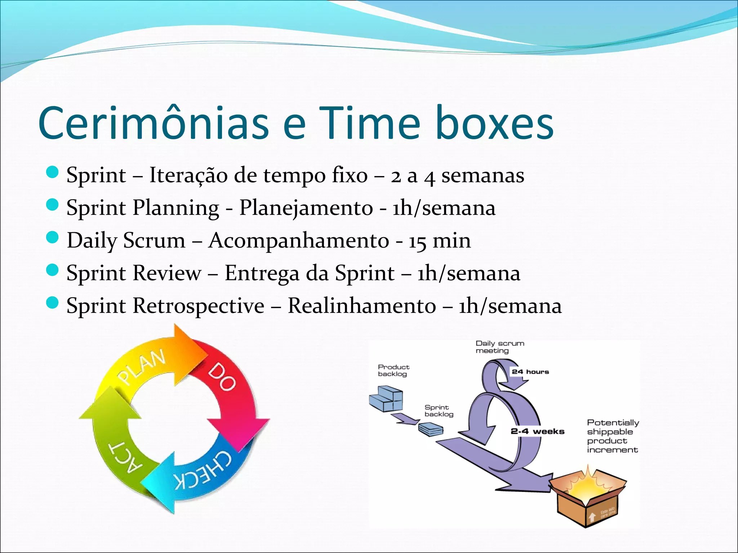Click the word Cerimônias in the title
[153, 123]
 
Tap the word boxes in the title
[494, 123]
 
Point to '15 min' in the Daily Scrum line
[439, 240]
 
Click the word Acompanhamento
[299, 240]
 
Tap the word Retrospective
[199, 306]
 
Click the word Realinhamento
[362, 306]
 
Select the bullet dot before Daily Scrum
[53, 237]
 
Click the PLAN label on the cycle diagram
[142, 367]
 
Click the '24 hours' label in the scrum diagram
[530, 372]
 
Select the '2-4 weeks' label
[537, 431]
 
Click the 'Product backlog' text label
[393, 370]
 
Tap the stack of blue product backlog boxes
[386, 399]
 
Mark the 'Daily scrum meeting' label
[499, 347]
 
